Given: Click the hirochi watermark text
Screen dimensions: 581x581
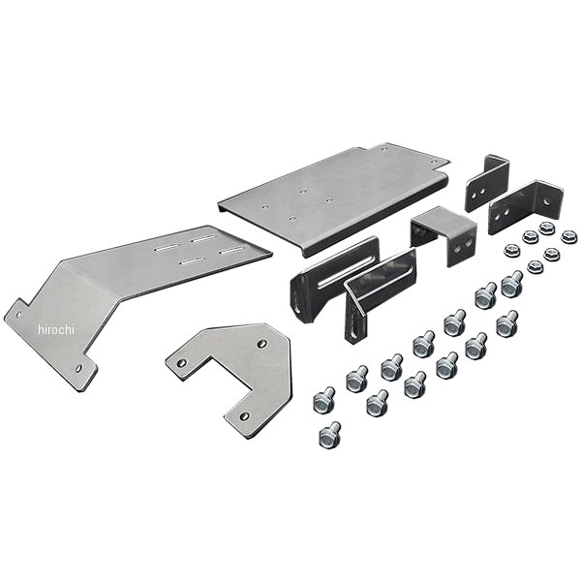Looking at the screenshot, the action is pyautogui.click(x=56, y=329).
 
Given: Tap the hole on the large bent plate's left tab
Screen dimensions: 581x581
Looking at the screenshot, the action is pyautogui.click(x=17, y=315).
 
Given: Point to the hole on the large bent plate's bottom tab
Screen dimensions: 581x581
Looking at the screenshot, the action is pyautogui.click(x=78, y=368).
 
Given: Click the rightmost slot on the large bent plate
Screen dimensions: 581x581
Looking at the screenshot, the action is pyautogui.click(x=231, y=251).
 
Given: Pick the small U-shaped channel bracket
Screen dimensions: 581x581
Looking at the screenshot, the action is pyautogui.click(x=443, y=236).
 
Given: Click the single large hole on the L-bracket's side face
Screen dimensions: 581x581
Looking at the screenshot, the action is pyautogui.click(x=546, y=201).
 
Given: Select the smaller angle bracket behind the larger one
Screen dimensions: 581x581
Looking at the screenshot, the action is pyautogui.click(x=487, y=182).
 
